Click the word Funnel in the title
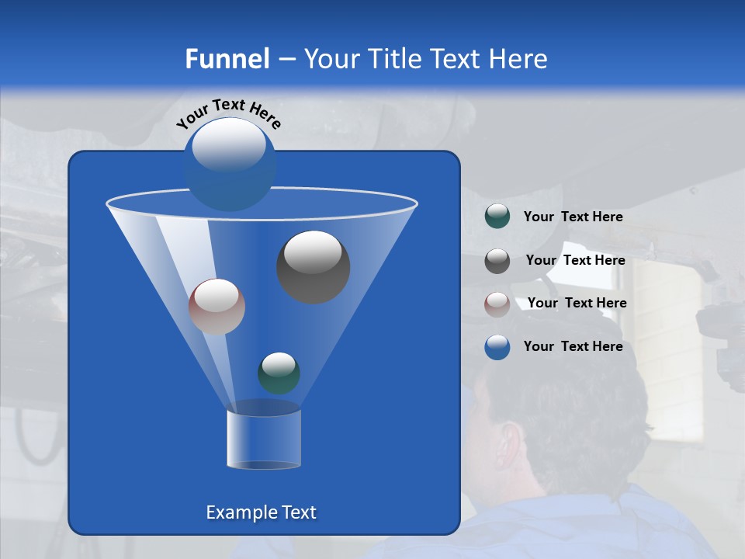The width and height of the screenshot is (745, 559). point(227,59)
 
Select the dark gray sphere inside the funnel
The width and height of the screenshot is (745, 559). point(313,266)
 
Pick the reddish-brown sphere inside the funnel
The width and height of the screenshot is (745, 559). point(217,307)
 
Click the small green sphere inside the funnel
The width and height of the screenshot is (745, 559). point(279,373)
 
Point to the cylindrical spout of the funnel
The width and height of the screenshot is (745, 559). point(263,439)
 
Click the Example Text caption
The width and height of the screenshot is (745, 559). point(261,512)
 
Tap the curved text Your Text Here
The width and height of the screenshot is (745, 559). point(228,113)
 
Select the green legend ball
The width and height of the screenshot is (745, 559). point(497,217)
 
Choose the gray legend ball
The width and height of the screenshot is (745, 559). point(497,260)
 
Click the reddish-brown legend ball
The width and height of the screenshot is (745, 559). point(497,304)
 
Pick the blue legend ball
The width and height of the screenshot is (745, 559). point(497,347)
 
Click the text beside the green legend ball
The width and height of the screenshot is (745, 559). point(573,217)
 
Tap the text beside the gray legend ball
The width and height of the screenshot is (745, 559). point(575,260)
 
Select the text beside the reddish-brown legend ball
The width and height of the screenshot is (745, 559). point(577,303)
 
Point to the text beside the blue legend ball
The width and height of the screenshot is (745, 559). point(573,346)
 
